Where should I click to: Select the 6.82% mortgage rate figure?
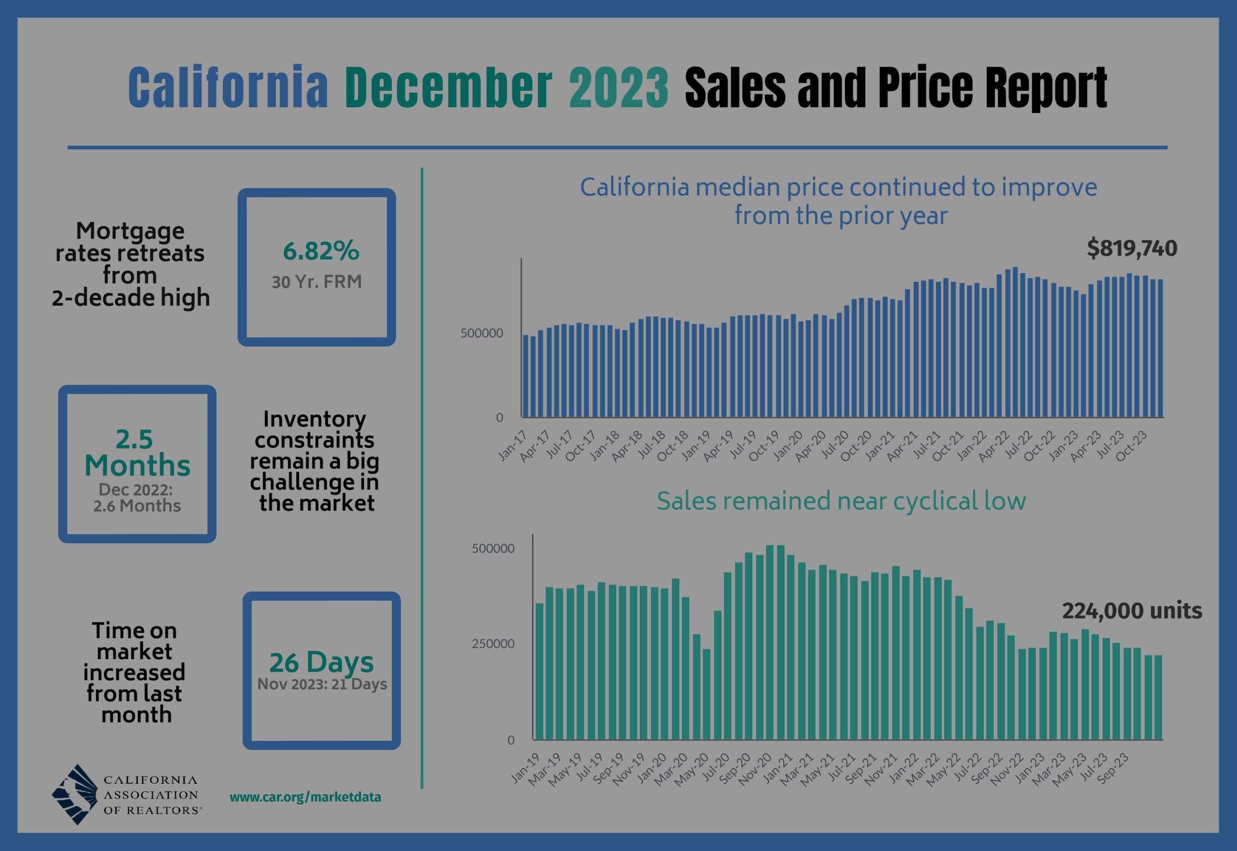[x=321, y=251]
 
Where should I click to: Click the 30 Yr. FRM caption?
[x=316, y=282]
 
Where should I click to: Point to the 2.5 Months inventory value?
[x=137, y=453]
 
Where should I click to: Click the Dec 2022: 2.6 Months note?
[x=137, y=497]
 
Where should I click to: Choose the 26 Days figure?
[x=321, y=662]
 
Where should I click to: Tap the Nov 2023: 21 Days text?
[x=322, y=684]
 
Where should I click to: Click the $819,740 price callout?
[x=1132, y=248]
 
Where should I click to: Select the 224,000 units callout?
[x=1132, y=610]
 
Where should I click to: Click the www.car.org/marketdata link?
[x=305, y=797]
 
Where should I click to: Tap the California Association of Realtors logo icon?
[x=74, y=794]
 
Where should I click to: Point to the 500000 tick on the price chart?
[x=481, y=333]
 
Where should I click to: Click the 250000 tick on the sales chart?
[x=493, y=644]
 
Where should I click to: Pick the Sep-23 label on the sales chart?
[x=1113, y=768]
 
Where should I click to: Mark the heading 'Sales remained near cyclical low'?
[x=841, y=501]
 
